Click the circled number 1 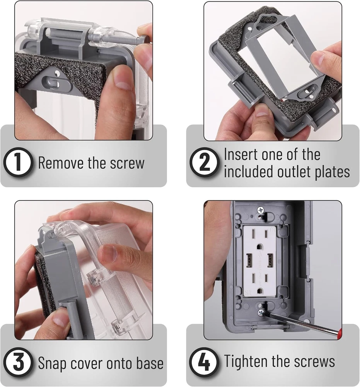click(x=18, y=163)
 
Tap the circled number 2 click(x=205, y=163)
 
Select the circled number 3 click(x=18, y=362)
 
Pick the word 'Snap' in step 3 click(x=52, y=364)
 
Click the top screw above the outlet click(x=260, y=210)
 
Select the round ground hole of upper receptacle click(x=259, y=246)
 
